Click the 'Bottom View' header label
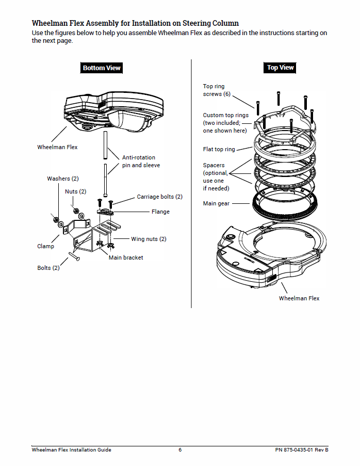pos(102,68)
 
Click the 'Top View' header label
pos(280,67)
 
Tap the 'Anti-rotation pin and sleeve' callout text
pos(141,162)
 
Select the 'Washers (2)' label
pos(62,179)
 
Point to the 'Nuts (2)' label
pos(75,192)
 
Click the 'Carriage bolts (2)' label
pos(159,197)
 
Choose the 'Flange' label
pos(160,212)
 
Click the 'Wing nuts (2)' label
pos(149,239)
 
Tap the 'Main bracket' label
pos(126,258)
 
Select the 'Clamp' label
pos(45,246)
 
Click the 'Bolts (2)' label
pos(48,268)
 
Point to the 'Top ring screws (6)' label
pos(217,90)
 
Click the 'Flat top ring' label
pos(219,149)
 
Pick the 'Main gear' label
pos(216,203)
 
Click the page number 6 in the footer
pos(180,449)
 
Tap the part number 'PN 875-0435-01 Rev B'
pos(302,449)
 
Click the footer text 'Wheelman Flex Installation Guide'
pos(71,449)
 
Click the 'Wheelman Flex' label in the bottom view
pos(57,147)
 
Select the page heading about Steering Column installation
pos(135,23)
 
